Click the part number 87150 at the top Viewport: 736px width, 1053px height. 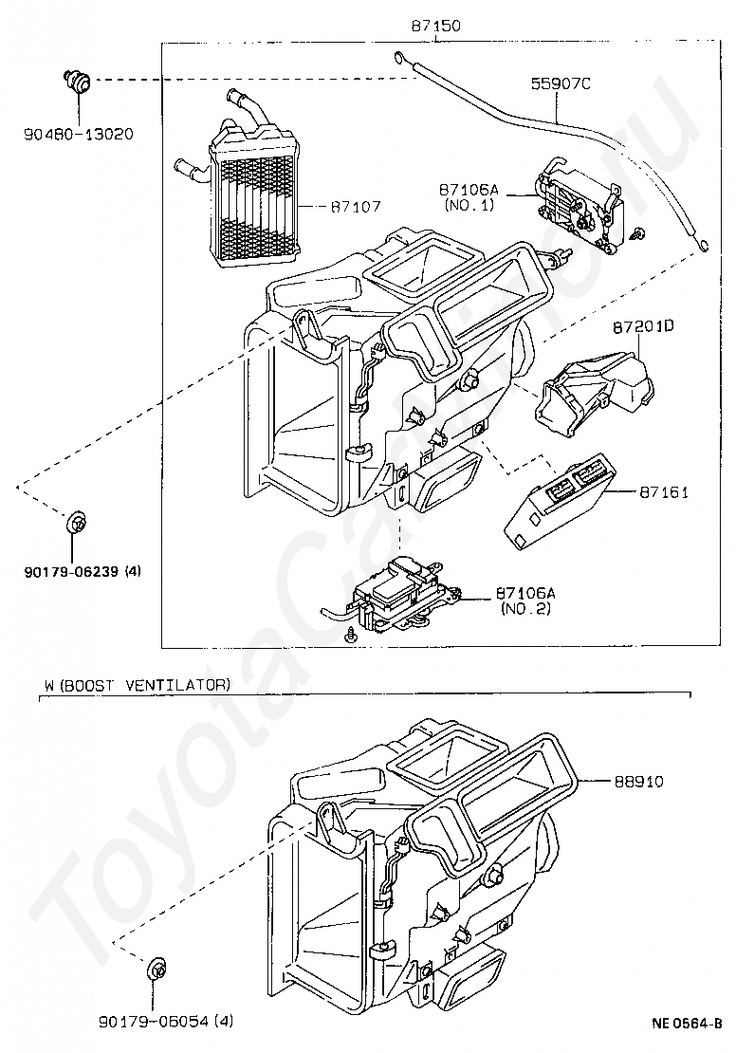tap(435, 27)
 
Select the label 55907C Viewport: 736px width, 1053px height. tap(560, 84)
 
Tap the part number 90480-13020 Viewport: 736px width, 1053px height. tap(79, 134)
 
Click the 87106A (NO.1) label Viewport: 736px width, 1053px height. tap(469, 196)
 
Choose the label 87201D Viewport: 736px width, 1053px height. tap(642, 327)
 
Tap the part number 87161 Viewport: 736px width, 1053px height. tap(664, 492)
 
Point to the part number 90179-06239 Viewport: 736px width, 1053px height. tap(68, 572)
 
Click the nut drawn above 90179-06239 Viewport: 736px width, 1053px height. tap(75, 522)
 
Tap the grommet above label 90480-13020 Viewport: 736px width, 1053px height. tap(77, 82)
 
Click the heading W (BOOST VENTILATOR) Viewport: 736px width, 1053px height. tap(137, 684)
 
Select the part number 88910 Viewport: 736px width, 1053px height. tap(637, 782)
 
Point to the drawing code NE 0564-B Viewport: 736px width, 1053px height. tap(687, 1024)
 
